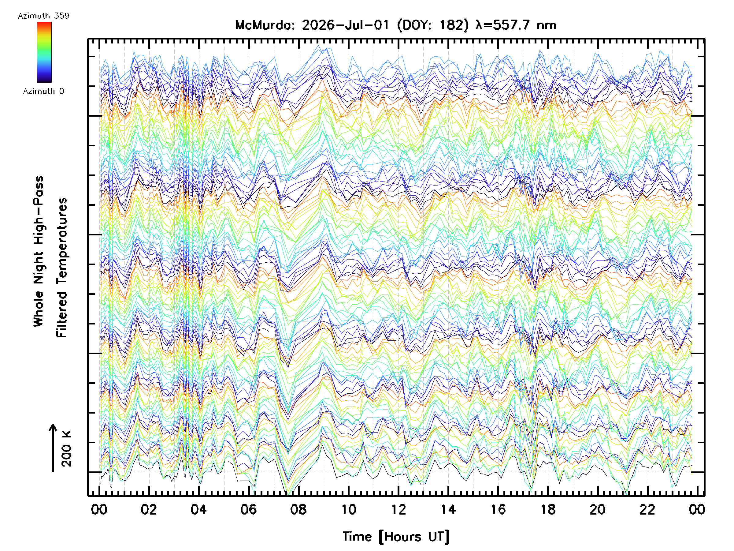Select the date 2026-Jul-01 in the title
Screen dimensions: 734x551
[345, 25]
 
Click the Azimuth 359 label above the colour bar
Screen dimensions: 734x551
[43, 16]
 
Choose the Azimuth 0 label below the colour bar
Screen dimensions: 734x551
[43, 91]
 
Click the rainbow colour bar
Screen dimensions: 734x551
[44, 52]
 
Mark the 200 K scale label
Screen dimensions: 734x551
[66, 448]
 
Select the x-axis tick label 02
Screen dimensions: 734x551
[149, 509]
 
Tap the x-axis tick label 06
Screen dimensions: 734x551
[249, 509]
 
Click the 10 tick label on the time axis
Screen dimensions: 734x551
[348, 509]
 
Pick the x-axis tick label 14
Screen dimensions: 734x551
[448, 509]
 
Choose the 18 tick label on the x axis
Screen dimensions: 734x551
[548, 509]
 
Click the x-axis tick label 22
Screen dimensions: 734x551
[647, 509]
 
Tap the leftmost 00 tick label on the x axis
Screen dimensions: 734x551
[99, 509]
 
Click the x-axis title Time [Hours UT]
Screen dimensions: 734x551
[396, 537]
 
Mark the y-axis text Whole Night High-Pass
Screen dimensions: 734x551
[39, 251]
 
